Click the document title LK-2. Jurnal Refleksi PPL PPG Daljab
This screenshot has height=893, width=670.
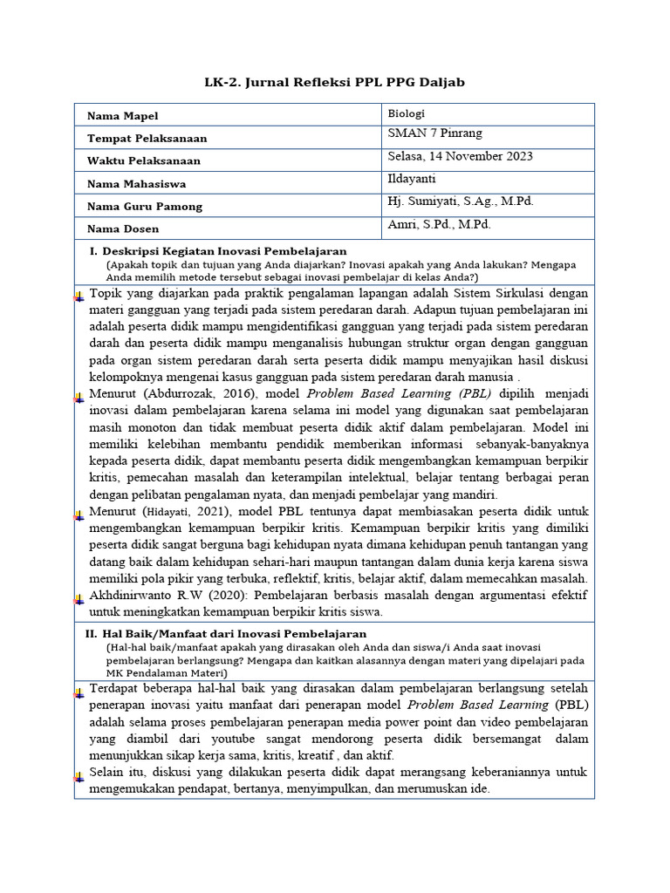335,82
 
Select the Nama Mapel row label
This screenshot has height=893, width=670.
123,116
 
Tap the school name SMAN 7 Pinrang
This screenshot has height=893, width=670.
434,133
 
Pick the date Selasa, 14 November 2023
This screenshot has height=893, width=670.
460,156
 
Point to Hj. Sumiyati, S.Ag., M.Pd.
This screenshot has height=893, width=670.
461,201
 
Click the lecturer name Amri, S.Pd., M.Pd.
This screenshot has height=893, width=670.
439,224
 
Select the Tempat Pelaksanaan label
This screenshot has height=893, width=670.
147,139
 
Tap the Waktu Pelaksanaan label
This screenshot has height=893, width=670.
144,161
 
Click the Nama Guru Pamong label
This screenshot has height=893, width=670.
145,207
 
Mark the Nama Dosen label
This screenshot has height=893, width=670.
123,229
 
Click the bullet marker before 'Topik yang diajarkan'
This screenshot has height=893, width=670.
79,296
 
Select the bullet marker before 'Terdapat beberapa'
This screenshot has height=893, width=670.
79,690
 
